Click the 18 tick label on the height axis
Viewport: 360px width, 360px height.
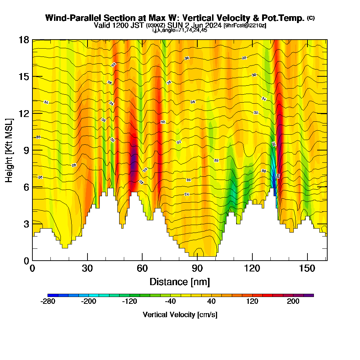24,40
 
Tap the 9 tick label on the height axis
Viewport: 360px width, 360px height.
26,150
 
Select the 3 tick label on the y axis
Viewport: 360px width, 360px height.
26,224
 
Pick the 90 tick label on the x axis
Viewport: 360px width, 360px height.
197,269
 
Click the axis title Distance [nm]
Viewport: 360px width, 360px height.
180,282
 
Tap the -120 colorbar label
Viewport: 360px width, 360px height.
130,301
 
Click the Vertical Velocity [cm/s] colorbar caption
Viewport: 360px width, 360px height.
180,315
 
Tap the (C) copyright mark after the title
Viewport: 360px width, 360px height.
311,18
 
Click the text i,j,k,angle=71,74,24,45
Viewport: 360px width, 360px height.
180,30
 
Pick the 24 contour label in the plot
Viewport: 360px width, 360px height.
186,194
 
